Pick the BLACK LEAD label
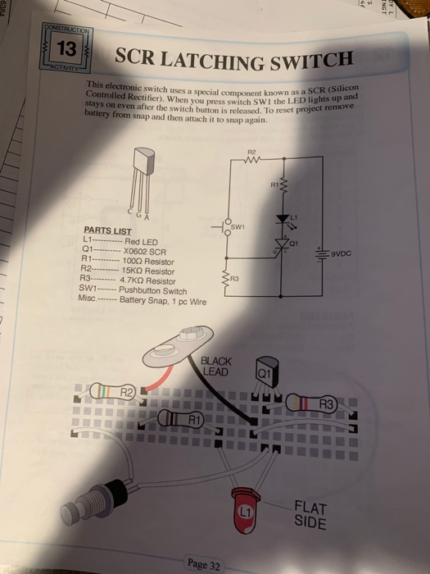[217, 367]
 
